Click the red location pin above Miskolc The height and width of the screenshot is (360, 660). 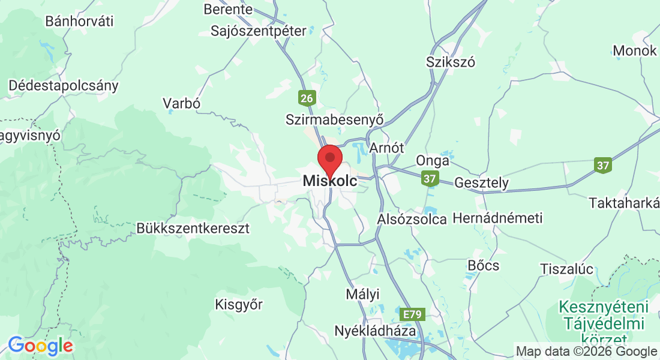point(329,159)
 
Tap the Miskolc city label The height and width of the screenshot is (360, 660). point(329,181)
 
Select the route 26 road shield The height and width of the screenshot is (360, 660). point(307,98)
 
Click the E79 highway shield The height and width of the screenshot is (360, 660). point(413,314)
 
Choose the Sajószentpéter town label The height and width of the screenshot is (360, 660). point(258,31)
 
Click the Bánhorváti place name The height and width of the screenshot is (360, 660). point(79,21)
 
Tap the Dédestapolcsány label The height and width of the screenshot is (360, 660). point(63,85)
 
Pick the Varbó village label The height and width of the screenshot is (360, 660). point(181,103)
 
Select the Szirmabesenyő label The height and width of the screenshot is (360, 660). point(334,119)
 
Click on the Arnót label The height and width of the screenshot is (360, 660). point(386,148)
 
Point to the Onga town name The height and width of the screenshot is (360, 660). point(433,161)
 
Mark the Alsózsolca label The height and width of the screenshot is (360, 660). point(412,219)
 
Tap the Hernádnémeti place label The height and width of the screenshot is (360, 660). point(497,217)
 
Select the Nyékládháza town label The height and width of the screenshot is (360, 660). point(375,331)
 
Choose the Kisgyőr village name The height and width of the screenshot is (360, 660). point(239,305)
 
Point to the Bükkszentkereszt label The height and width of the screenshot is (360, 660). point(193,229)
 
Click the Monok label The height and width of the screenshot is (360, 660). point(635,51)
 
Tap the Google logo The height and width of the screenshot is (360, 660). point(40,345)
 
